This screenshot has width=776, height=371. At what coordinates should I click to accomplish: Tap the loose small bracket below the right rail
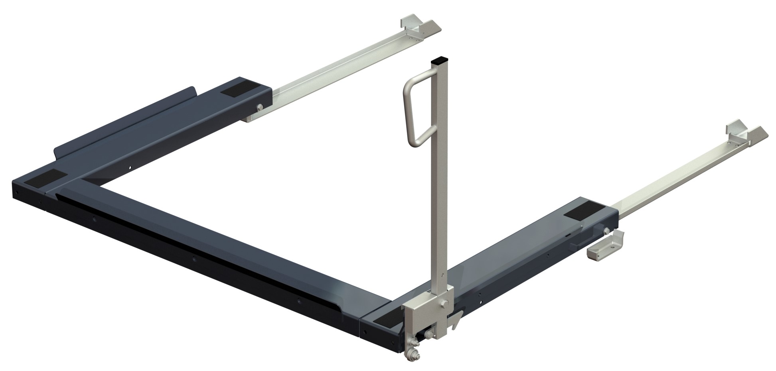pos(605,249)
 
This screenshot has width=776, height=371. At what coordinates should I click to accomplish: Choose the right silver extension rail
pos(670,179)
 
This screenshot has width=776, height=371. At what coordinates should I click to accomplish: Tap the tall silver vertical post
pos(439,179)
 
